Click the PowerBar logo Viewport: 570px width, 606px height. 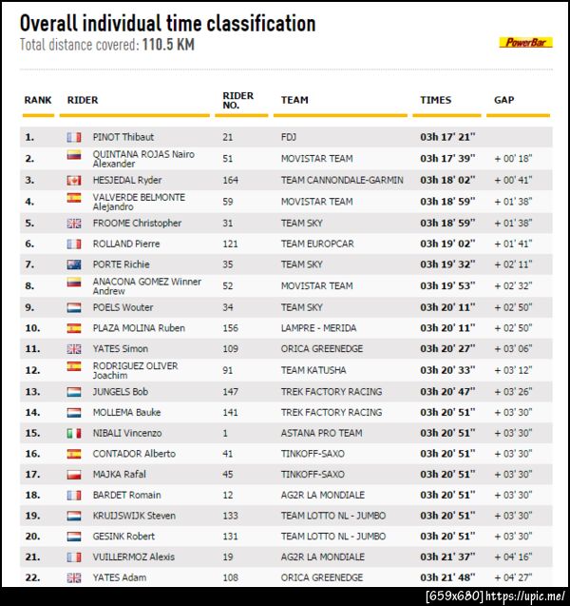coord(525,42)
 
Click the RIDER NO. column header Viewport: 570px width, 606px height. coord(237,100)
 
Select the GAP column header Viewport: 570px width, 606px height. coord(503,100)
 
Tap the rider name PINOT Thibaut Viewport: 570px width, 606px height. coord(123,137)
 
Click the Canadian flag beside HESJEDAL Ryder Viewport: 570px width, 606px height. coord(74,180)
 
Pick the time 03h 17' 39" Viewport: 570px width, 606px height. coord(447,159)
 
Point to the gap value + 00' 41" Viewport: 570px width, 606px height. coord(513,180)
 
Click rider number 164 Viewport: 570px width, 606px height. coord(231,180)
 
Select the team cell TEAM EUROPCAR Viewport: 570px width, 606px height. coord(317,244)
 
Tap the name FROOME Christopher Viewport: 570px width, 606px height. coord(137,223)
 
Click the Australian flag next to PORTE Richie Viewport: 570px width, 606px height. coord(74,264)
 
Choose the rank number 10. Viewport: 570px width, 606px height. coord(31,328)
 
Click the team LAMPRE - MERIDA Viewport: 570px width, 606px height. coord(319,328)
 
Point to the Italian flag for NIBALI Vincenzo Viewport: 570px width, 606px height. coord(74,433)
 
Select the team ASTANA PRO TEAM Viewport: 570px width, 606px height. coord(321,433)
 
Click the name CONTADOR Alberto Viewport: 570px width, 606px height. coord(134,454)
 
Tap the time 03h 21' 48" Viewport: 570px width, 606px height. coord(447,577)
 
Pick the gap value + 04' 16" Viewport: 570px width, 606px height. coord(513,557)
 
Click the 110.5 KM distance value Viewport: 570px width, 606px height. coord(168,45)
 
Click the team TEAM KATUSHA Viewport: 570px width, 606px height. coord(313,370)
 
